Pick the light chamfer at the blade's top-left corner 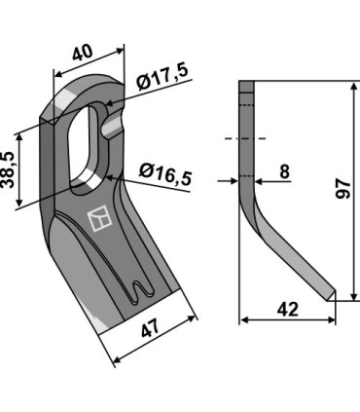click(x=69, y=98)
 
